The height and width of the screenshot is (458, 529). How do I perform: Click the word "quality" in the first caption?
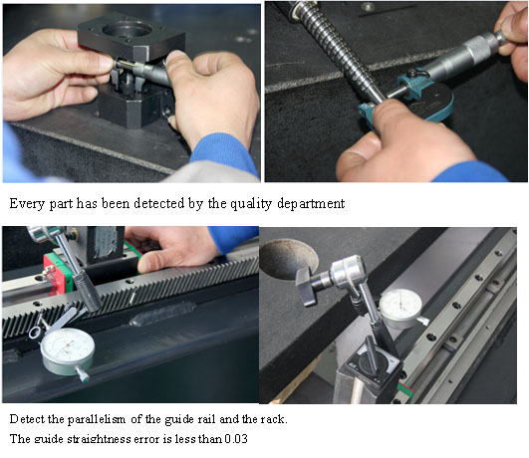pos(251,204)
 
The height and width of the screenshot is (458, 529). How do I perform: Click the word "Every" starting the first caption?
pos(27,204)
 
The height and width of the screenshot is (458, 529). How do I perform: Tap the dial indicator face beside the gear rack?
pos(68,347)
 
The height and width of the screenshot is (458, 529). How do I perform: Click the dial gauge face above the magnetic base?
pos(400,306)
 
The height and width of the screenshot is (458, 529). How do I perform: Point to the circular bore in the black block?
pos(127,30)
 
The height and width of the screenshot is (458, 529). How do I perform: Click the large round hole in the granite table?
pos(289,259)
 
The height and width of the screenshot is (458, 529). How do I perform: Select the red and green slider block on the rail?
pos(58,273)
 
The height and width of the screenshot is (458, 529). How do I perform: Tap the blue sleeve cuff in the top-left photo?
pos(225,153)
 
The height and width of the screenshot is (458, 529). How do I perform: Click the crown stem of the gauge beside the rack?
pos(83,373)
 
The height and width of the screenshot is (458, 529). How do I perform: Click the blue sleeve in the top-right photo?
pos(470,172)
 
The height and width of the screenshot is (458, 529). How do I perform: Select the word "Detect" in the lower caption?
pos(28,419)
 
